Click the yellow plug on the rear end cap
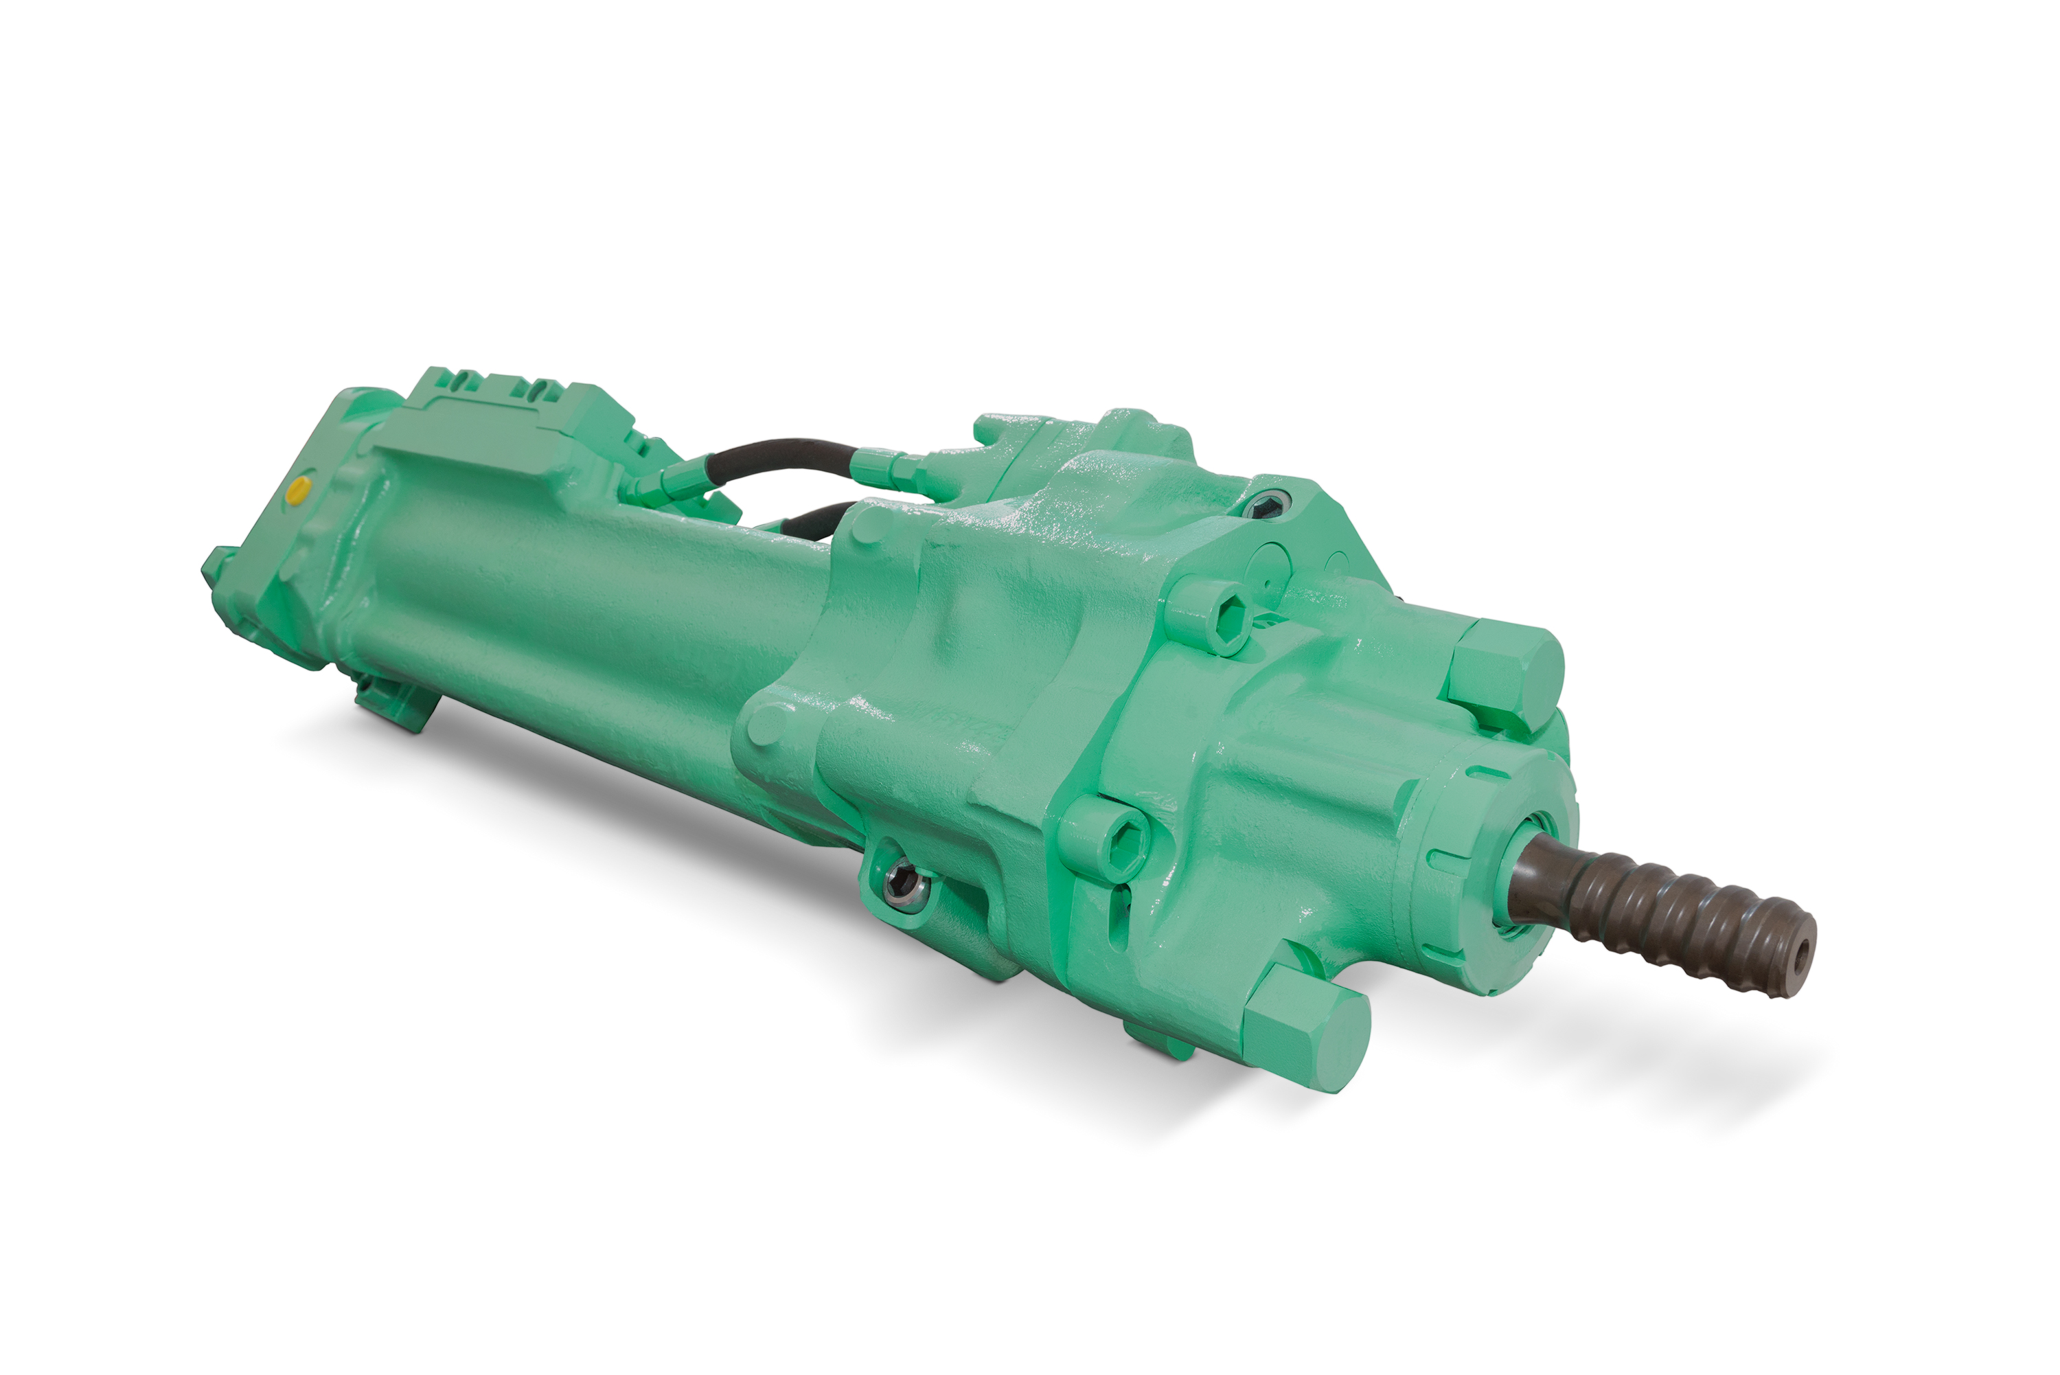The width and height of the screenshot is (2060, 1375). click(299, 491)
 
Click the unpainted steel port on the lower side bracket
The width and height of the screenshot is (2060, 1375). click(903, 880)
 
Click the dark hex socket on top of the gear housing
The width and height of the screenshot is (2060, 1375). click(1265, 505)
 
